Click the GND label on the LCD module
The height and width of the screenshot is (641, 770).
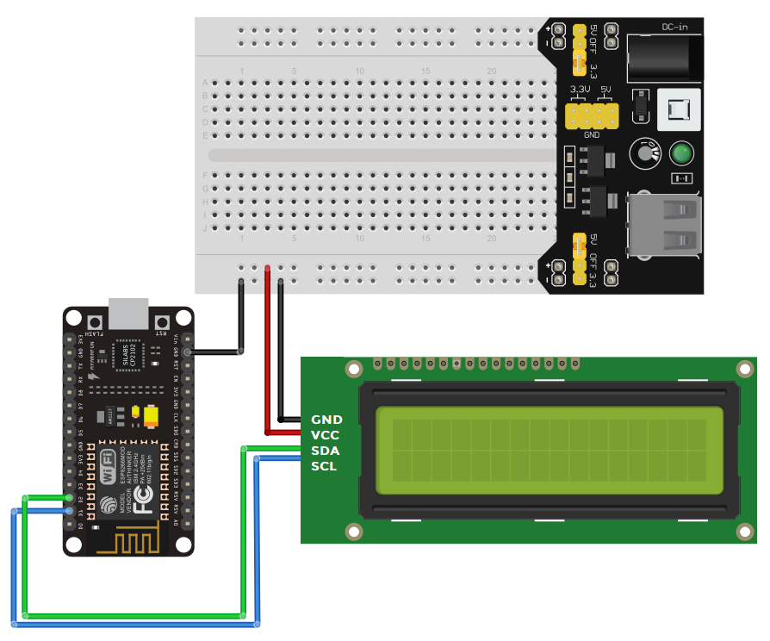coord(326,420)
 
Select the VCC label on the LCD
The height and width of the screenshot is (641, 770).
coord(326,435)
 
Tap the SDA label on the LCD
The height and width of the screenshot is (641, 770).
coord(326,451)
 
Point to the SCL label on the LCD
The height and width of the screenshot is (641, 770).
coord(325,466)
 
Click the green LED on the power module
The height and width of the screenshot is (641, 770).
coord(682,154)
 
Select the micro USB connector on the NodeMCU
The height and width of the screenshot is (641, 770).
coord(127,314)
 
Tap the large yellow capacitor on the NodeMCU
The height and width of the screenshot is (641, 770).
coord(152,417)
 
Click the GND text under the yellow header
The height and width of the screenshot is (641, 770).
coord(592,135)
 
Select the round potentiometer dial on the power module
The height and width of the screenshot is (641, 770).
coord(644,153)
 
